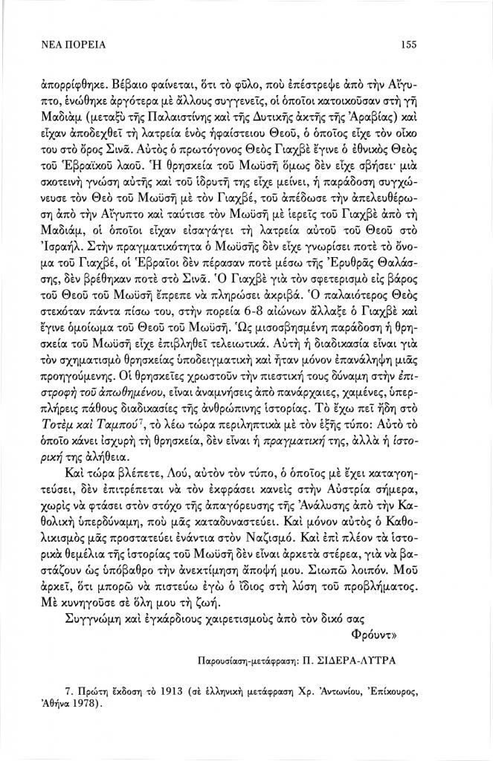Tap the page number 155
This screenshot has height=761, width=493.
click(406, 45)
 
